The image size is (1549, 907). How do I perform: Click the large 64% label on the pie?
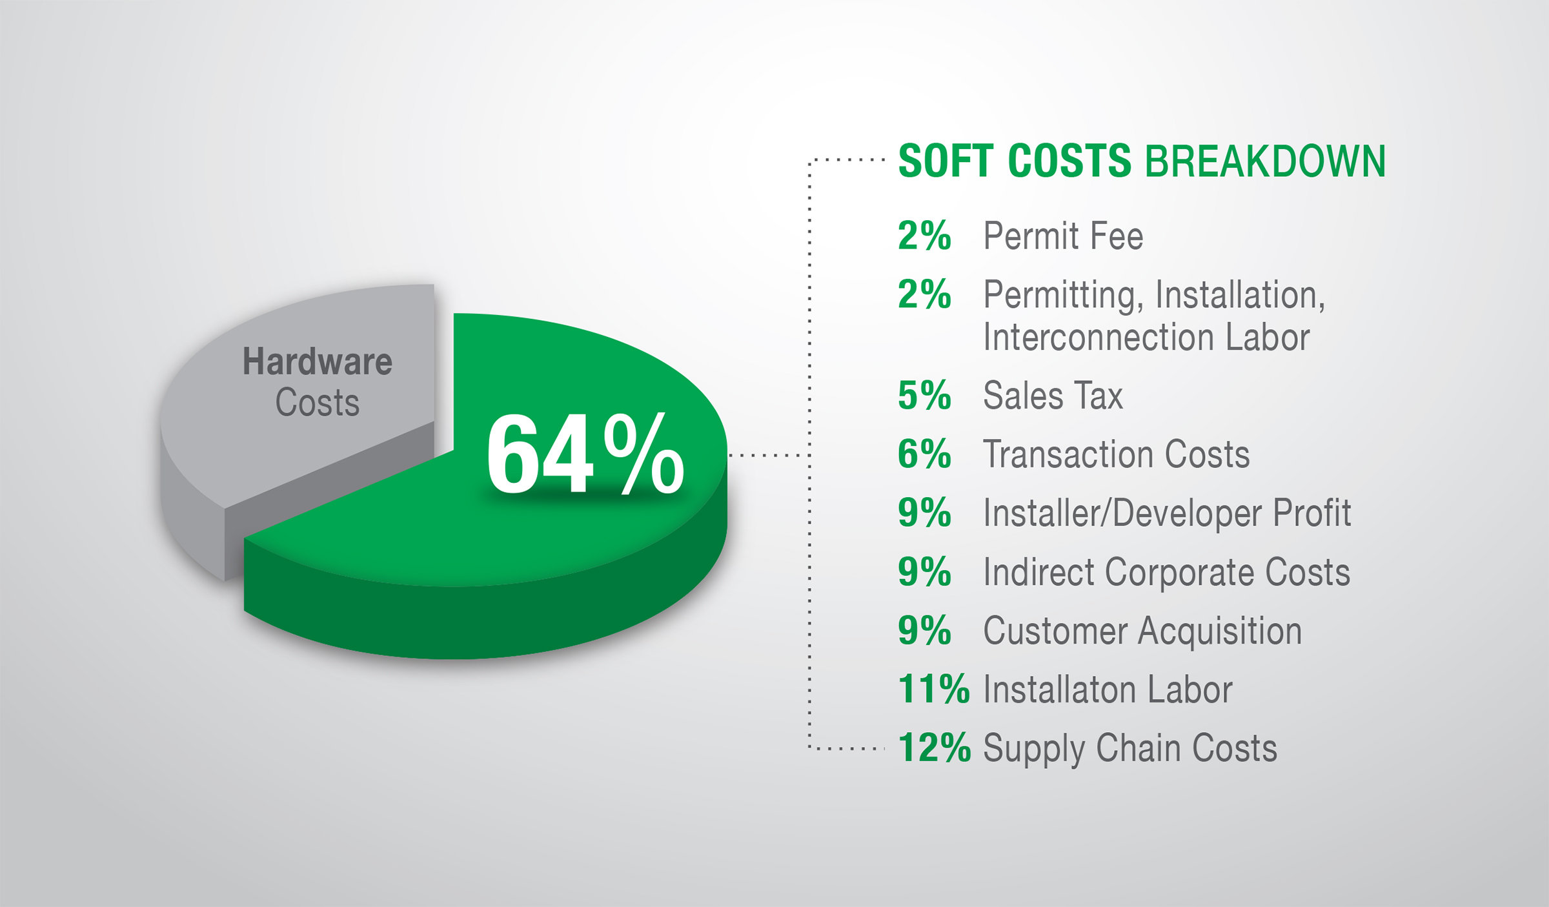(585, 454)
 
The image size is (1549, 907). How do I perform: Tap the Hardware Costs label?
(317, 382)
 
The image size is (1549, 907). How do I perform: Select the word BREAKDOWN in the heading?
(1265, 161)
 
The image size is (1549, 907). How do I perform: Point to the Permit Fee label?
(1063, 236)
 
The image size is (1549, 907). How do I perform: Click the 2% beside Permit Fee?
(924, 236)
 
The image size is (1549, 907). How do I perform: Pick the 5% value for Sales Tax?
(924, 395)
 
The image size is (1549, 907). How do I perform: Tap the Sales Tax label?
(1053, 395)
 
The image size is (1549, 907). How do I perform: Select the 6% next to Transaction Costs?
(924, 454)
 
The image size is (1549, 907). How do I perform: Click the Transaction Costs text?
(1117, 454)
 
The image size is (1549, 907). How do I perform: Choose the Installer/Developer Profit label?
(1167, 513)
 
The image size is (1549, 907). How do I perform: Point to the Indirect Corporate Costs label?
(1167, 572)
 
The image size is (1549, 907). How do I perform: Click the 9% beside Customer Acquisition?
(924, 631)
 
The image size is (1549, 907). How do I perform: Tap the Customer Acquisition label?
(1142, 631)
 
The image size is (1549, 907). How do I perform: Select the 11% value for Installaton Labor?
(934, 689)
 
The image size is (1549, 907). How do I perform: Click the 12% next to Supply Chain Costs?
(934, 748)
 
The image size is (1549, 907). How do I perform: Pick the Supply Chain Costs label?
(1130, 749)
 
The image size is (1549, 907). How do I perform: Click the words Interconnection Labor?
(1146, 337)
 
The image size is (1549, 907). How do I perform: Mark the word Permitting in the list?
(1064, 296)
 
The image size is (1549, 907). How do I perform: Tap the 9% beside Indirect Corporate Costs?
(924, 572)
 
